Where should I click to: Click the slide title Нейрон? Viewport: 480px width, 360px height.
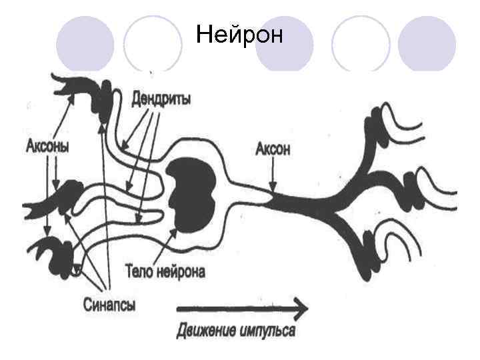pyautogui.click(x=239, y=34)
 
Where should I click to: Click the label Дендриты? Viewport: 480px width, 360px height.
pyautogui.click(x=161, y=99)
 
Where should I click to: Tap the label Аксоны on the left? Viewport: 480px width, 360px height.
pyautogui.click(x=47, y=145)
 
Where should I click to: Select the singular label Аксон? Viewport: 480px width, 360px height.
pyautogui.click(x=273, y=149)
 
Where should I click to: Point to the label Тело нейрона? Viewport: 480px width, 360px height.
pyautogui.click(x=166, y=272)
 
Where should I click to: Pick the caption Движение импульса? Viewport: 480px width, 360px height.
pyautogui.click(x=236, y=331)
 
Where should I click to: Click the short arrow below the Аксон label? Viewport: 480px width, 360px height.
pyautogui.click(x=272, y=176)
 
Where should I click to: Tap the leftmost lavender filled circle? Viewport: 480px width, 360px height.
pyautogui.click(x=84, y=44)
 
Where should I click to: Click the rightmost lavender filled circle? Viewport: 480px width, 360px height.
pyautogui.click(x=427, y=44)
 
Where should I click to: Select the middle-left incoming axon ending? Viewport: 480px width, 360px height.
pyautogui.click(x=60, y=201)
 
